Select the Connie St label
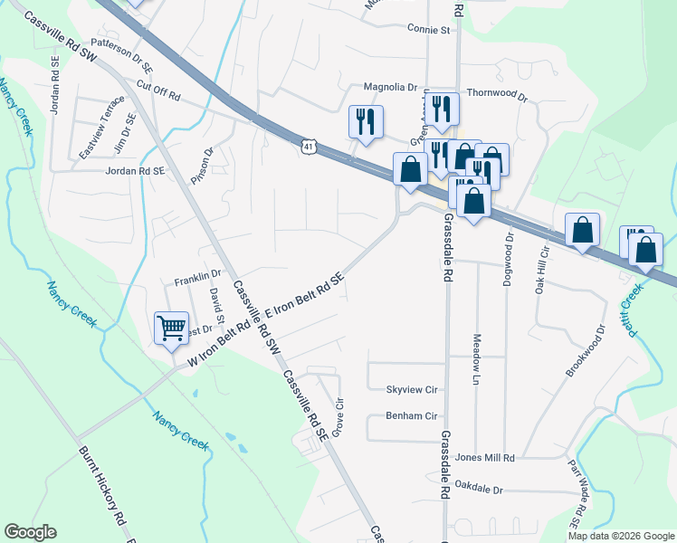(429, 30)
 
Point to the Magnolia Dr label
(390, 88)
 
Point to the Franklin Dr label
(198, 272)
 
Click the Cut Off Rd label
(158, 90)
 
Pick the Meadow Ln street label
(476, 359)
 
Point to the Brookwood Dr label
(585, 354)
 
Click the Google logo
(30, 532)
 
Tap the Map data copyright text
(620, 536)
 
